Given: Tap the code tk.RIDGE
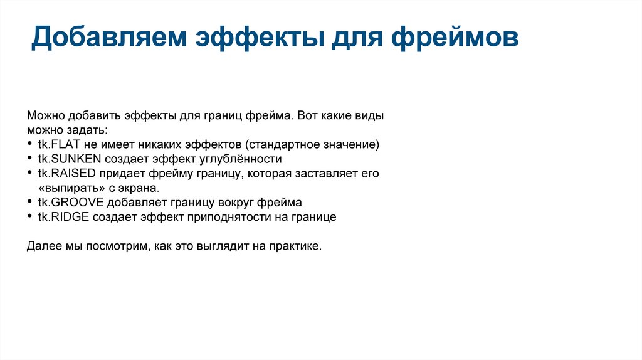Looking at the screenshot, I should [63, 217].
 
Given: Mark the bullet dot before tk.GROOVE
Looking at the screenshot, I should [31, 203].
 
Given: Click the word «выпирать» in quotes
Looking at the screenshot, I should [67, 188].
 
